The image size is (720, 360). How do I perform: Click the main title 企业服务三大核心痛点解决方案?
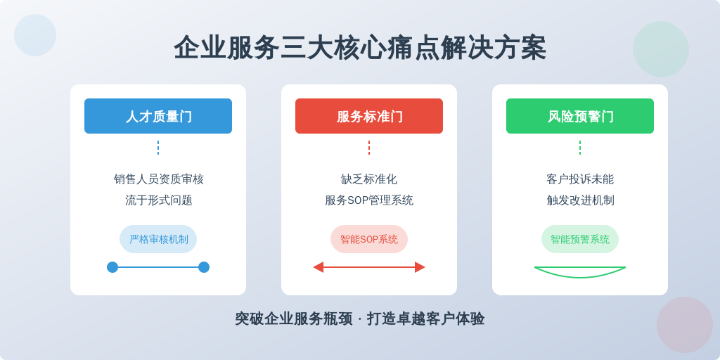tap(360, 48)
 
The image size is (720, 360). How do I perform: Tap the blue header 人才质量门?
tap(158, 116)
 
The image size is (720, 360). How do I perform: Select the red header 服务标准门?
tap(369, 116)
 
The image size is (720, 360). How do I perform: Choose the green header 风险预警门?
tap(580, 116)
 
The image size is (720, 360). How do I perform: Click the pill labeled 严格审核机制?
tap(158, 239)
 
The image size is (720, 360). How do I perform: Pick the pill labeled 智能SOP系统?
tap(369, 239)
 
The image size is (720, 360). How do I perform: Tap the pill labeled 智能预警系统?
tap(580, 239)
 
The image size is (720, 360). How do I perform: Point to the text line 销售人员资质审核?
tap(158, 179)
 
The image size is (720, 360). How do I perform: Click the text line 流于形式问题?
tap(158, 200)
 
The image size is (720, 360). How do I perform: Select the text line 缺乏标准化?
tap(369, 179)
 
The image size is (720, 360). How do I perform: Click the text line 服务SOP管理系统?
tap(369, 200)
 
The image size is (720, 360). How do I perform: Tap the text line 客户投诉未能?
tap(580, 179)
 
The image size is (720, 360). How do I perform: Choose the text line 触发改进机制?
tap(580, 200)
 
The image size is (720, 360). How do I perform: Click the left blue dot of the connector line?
tap(112, 267)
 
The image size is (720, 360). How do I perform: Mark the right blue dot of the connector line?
tap(204, 267)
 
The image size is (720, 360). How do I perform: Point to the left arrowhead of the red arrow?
tap(319, 267)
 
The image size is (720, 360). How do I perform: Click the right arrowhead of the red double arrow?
tap(420, 267)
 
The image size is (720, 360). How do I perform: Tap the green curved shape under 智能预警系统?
tap(580, 277)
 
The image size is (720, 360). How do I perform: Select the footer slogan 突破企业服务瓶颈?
tap(294, 319)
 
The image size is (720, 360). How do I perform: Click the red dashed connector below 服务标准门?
tap(369, 148)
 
